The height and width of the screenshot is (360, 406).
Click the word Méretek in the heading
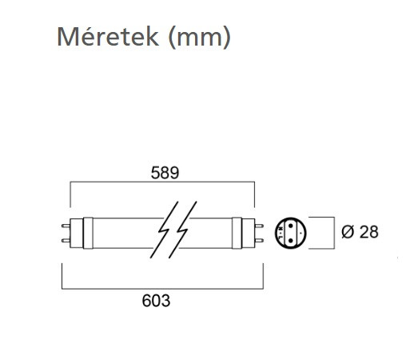pos(108,37)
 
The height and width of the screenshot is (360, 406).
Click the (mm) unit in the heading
pos(200,38)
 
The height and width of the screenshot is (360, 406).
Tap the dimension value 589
pos(165,173)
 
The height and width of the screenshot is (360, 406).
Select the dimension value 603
pos(156,301)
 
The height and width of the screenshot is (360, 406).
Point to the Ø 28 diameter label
pos(360,232)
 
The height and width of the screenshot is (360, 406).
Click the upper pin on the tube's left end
pos(66,226)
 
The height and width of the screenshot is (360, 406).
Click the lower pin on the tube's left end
pos(66,241)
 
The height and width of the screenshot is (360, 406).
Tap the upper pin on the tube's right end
pos(259,226)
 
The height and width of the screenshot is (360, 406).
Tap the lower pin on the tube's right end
pos(259,241)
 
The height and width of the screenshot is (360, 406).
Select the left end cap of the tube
pos(77,234)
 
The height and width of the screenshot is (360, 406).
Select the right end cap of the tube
pos(249,234)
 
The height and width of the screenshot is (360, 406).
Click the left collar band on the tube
pos(88,234)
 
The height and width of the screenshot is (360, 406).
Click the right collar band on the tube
pos(237,234)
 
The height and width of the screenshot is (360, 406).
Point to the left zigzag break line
pos(165,230)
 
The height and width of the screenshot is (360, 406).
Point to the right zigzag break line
pos(183,230)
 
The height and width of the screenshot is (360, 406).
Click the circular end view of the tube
pos(291,233)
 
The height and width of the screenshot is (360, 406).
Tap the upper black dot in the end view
pos(291,226)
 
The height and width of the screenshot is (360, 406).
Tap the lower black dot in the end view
pos(291,241)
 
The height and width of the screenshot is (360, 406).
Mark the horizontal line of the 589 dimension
pos(162,182)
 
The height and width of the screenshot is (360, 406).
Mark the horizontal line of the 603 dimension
pos(162,289)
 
